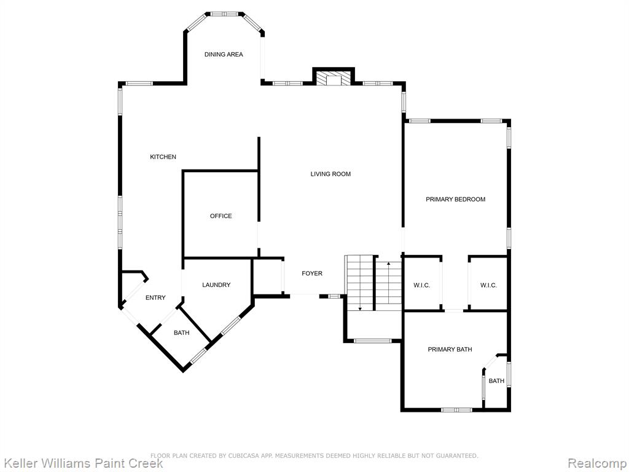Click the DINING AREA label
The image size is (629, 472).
(224, 54)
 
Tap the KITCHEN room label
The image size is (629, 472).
(163, 157)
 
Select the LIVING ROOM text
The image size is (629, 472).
(330, 174)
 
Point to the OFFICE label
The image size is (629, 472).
(221, 216)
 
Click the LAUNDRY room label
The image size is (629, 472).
(216, 285)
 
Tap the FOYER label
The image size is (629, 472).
(312, 273)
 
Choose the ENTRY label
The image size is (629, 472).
(155, 297)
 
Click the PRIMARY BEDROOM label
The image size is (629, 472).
(455, 199)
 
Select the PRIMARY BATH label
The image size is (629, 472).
(450, 350)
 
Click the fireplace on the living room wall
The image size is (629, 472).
(334, 78)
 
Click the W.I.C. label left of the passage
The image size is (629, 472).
(421, 285)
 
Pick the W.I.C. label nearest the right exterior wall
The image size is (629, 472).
(488, 285)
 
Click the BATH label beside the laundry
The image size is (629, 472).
(181, 332)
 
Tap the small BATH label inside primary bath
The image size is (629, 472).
(496, 381)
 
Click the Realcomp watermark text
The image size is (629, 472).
(596, 463)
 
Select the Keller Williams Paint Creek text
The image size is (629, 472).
(83, 463)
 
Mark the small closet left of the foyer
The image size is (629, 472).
(268, 277)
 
